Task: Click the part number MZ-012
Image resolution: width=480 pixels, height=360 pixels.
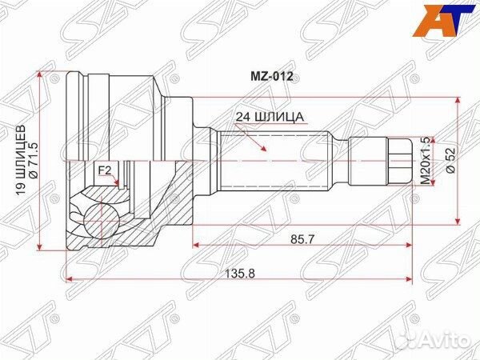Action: (x=273, y=77)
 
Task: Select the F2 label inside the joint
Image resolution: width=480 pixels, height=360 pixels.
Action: (x=104, y=170)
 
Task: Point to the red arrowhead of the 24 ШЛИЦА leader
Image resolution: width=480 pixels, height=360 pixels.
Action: (x=263, y=150)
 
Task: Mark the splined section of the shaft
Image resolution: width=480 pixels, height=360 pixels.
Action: (x=272, y=160)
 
